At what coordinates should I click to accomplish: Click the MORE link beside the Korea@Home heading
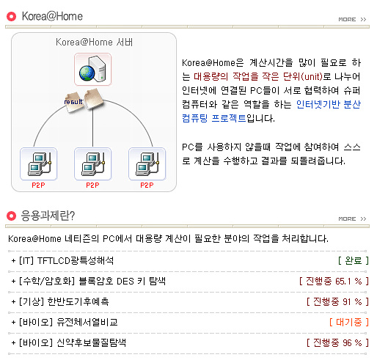click(352, 19)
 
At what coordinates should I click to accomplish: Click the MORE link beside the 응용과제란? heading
click(352, 218)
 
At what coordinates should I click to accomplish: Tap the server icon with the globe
click(92, 69)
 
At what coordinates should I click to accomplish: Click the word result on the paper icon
click(73, 102)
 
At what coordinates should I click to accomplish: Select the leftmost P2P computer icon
click(39, 164)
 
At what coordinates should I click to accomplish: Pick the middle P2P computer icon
click(92, 164)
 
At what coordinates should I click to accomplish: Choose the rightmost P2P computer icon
click(147, 164)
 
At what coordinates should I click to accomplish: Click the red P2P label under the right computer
click(147, 185)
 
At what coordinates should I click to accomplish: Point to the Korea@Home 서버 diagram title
click(94, 42)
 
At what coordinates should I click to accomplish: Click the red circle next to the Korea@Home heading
click(11, 17)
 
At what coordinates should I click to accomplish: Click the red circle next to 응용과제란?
click(11, 216)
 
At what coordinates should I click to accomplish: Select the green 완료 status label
click(354, 260)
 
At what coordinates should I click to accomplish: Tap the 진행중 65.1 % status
click(334, 281)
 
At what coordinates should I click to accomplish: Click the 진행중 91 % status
click(337, 301)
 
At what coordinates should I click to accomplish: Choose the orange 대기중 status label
click(349, 322)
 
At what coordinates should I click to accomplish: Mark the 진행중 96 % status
click(337, 342)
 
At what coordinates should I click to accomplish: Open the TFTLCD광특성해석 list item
click(62, 260)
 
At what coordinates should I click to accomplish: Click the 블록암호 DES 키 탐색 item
click(89, 281)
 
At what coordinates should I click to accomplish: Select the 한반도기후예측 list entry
click(60, 301)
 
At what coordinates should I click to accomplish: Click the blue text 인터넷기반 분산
click(329, 104)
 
